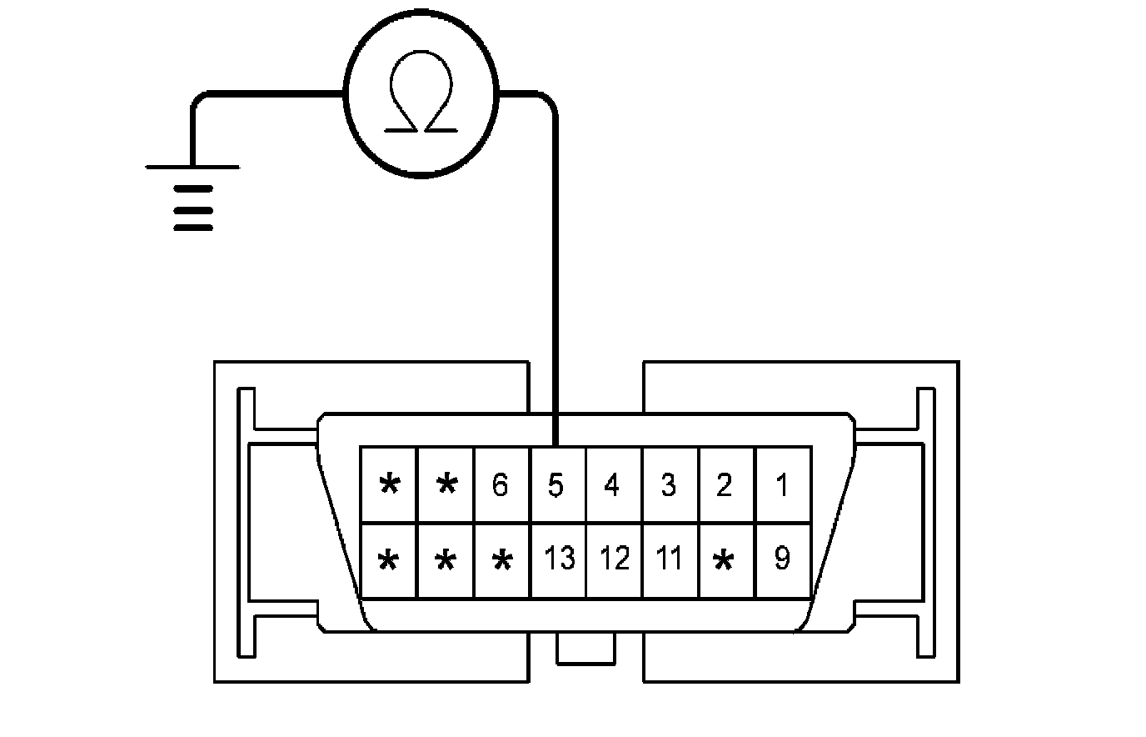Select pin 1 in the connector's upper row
click(782, 485)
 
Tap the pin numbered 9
click(782, 559)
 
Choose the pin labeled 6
click(501, 485)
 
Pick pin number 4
click(613, 485)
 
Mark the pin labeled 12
click(614, 559)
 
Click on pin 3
click(669, 485)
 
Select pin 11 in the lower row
click(670, 559)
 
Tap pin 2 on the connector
click(725, 485)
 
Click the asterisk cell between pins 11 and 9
click(725, 560)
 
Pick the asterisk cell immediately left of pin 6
click(446, 485)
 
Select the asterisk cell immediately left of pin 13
click(501, 560)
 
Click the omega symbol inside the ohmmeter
click(421, 97)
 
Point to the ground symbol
click(192, 196)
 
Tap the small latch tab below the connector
click(585, 648)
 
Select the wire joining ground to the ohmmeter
click(267, 93)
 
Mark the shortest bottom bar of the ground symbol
click(192, 227)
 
